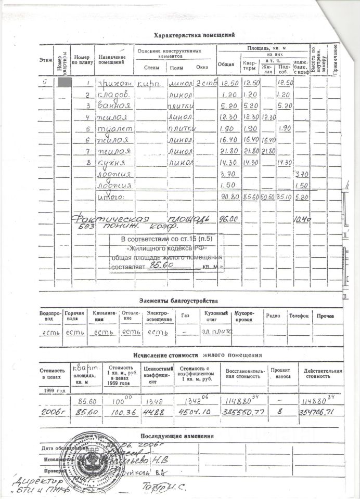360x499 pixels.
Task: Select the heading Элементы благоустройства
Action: coord(178,300)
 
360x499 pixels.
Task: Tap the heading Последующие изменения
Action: coord(177,436)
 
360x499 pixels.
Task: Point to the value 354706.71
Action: coord(322,411)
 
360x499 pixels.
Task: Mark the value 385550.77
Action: coord(242,411)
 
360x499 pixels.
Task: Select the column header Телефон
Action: coord(299,316)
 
